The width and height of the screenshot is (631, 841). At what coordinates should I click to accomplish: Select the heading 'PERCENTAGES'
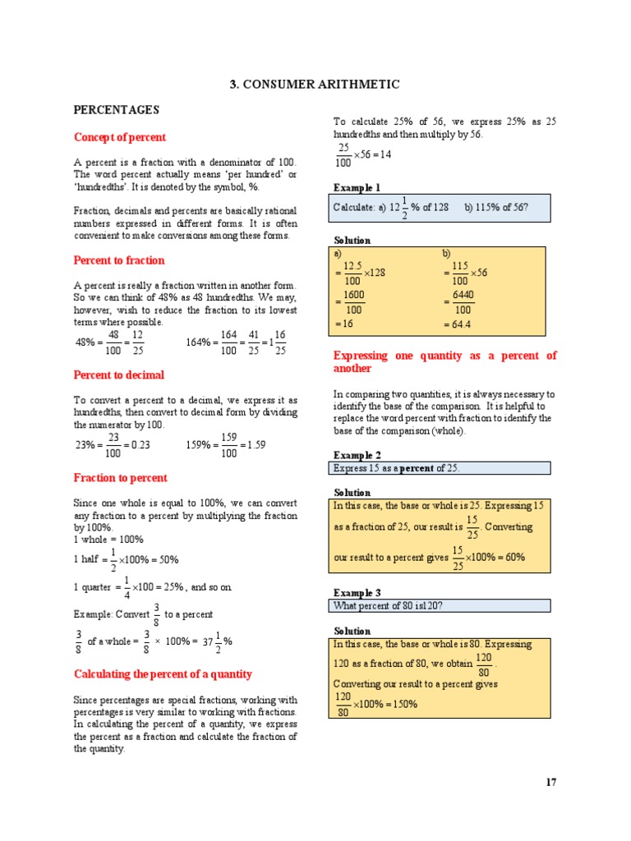[x=117, y=110]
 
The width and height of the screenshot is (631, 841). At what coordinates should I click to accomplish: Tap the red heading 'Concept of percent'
[x=120, y=137]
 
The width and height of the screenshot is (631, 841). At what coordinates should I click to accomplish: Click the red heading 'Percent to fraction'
[x=119, y=260]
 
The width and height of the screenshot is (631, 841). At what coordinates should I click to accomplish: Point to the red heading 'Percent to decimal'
[x=119, y=375]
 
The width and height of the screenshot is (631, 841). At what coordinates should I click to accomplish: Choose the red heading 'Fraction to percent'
[x=121, y=478]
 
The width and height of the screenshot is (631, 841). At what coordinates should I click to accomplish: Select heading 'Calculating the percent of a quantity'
[x=163, y=674]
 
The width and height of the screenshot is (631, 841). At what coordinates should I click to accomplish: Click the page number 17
[x=550, y=782]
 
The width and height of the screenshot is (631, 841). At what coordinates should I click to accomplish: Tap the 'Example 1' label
[x=357, y=187]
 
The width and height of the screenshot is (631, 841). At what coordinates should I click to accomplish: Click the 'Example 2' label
[x=357, y=455]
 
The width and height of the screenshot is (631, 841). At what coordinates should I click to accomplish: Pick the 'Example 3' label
[x=357, y=592]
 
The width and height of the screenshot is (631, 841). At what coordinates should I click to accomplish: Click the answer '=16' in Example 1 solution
[x=343, y=325]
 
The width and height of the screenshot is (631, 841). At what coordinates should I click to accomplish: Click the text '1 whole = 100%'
[x=108, y=540]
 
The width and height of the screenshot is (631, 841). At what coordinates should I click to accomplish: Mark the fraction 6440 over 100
[x=463, y=302]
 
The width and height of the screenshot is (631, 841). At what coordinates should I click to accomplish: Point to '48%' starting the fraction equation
[x=85, y=342]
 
